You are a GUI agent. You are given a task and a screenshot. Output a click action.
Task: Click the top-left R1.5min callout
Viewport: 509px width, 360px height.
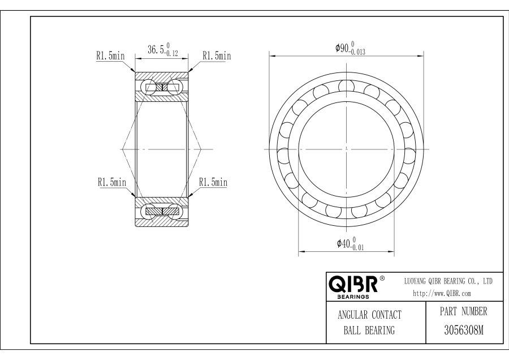110,55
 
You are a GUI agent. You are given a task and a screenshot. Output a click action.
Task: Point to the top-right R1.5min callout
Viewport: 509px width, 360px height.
217,55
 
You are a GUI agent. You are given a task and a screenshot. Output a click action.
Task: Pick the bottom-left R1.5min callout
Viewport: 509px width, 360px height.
112,182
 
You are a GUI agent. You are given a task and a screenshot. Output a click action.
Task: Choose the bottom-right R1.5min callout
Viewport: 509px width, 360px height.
213,182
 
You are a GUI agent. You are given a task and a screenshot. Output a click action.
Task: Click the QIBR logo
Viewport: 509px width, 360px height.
353,284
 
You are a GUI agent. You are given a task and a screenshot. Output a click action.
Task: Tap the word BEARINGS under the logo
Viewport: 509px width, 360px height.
353,297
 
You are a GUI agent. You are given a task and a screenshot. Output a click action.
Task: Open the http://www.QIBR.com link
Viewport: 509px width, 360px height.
442,293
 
